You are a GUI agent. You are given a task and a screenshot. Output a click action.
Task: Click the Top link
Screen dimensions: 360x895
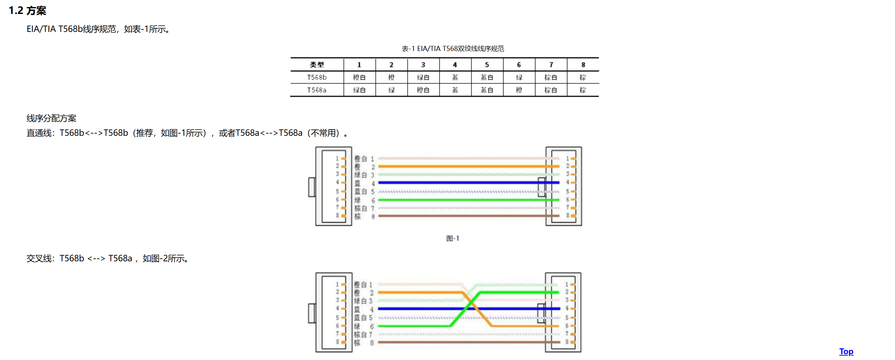point(846,351)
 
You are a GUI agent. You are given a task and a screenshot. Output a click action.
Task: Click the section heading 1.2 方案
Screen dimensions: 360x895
point(28,11)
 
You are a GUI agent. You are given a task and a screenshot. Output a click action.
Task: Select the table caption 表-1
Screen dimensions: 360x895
point(452,48)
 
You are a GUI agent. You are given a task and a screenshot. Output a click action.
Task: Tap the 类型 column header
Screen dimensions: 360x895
point(317,65)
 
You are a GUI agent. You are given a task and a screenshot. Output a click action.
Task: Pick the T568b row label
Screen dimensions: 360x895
point(317,77)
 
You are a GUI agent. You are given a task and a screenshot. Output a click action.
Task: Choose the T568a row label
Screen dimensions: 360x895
point(317,90)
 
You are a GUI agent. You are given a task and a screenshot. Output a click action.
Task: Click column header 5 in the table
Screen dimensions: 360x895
point(487,65)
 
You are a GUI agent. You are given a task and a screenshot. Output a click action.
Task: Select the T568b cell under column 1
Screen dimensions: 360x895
point(359,77)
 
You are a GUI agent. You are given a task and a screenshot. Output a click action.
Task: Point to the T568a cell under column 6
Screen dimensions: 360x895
point(519,90)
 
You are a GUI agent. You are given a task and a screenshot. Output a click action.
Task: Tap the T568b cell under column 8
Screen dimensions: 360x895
point(582,77)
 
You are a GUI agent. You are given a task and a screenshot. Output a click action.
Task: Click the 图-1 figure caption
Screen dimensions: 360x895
point(452,239)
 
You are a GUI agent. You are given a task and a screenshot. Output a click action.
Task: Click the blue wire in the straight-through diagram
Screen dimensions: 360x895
point(459,182)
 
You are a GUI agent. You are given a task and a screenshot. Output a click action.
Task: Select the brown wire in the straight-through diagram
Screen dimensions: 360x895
point(459,216)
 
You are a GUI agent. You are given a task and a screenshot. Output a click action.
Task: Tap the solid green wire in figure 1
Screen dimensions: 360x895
point(459,200)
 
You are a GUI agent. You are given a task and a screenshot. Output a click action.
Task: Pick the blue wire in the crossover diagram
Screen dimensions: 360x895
point(422,309)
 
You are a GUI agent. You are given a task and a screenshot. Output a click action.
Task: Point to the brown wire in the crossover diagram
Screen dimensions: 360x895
point(459,342)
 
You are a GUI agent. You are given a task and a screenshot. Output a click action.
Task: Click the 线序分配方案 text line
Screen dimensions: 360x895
point(51,118)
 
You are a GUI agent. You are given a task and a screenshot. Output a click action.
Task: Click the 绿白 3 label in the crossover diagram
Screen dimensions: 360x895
point(363,301)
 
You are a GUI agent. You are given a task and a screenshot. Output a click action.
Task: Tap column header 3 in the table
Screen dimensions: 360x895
point(423,65)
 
